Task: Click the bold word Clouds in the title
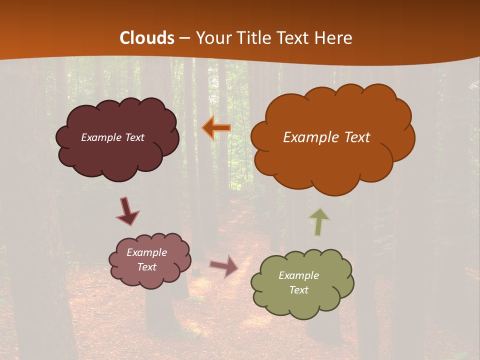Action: pos(147,38)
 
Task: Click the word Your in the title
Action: pos(213,38)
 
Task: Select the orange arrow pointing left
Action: pos(216,128)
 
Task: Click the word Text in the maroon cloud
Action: pos(135,137)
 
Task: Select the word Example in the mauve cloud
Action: pos(146,252)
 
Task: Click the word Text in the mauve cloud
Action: pos(146,267)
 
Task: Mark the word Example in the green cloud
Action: pos(298,275)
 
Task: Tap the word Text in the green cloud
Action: pos(298,290)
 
